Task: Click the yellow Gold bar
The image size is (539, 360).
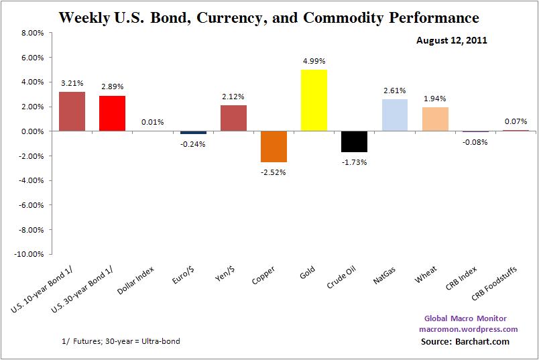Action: click(314, 101)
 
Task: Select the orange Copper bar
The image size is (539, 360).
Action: click(274, 147)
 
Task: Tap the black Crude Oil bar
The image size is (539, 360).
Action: click(354, 141)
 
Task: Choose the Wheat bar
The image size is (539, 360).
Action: click(434, 119)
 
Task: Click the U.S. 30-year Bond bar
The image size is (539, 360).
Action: click(113, 114)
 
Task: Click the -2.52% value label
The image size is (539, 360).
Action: click(274, 170)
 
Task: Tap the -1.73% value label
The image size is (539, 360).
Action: click(354, 161)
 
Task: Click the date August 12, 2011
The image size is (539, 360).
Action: click(451, 40)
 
